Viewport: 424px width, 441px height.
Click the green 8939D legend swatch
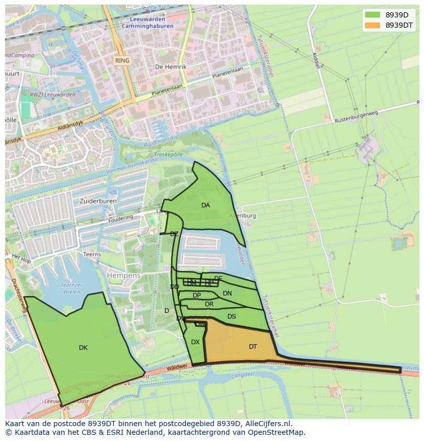(372, 14)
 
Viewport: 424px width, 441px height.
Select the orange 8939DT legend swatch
(372, 25)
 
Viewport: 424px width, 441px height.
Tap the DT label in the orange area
(253, 347)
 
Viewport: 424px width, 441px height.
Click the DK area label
(83, 348)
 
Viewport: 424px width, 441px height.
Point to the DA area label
(205, 205)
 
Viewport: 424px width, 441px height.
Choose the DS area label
(231, 317)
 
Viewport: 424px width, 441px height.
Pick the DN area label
(227, 293)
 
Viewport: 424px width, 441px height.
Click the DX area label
(195, 342)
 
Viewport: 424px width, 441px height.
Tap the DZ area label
(174, 234)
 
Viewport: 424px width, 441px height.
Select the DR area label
(209, 304)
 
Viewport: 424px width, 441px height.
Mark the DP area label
(197, 296)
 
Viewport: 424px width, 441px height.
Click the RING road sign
(122, 60)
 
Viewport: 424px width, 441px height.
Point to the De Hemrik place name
(171, 67)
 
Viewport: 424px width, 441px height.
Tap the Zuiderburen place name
(98, 201)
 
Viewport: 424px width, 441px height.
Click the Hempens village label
(123, 276)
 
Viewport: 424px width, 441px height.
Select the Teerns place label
(92, 255)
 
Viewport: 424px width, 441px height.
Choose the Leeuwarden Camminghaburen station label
(148, 23)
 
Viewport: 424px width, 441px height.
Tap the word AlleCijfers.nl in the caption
(267, 424)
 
